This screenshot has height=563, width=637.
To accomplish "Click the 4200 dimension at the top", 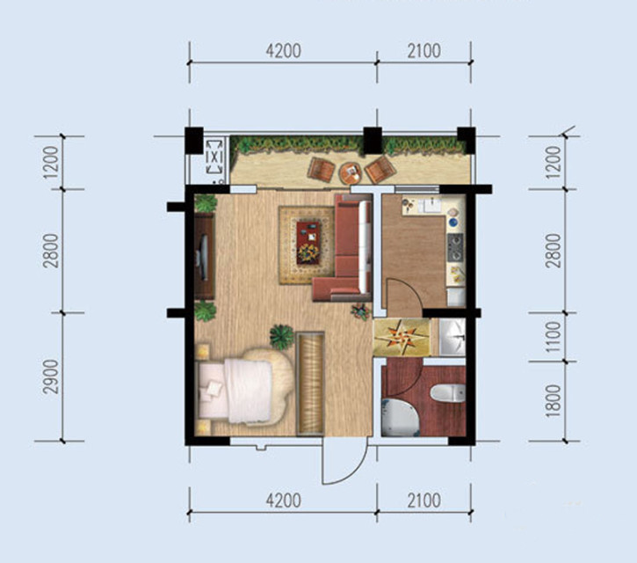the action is [x=283, y=51].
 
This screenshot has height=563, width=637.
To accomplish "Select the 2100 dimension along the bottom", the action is [x=423, y=501].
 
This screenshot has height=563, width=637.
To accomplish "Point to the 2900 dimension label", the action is [x=51, y=377].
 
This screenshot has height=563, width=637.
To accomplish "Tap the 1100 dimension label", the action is [x=553, y=337].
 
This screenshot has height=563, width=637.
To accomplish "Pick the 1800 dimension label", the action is [x=553, y=401].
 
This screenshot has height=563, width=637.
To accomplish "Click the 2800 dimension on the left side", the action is [x=51, y=251].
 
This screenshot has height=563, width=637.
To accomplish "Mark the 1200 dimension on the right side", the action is [x=553, y=163].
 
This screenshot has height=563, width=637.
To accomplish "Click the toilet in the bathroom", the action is [x=448, y=393].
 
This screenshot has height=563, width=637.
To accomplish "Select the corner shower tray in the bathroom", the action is [x=399, y=417].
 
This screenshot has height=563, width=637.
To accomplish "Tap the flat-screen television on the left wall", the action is [x=203, y=257].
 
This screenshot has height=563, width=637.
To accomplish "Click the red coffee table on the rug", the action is [x=308, y=243].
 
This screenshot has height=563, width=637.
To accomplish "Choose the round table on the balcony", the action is [x=351, y=173].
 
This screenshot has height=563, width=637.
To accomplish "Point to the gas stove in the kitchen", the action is [x=455, y=247].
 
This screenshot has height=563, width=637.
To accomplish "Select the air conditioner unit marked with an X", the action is [x=214, y=157].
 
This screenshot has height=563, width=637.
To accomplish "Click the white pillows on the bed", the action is [x=212, y=390].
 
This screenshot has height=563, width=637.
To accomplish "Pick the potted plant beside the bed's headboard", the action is [x=282, y=337].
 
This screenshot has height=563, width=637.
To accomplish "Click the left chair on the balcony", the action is [x=321, y=169].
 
